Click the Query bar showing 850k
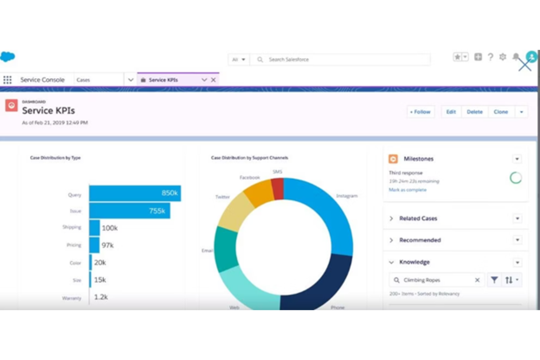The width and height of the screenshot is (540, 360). pos(135,193)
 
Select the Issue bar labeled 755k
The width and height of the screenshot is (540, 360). pos(129,211)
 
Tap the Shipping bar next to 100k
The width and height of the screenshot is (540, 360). pos(94,228)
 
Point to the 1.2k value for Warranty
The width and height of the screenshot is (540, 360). pos(101,297)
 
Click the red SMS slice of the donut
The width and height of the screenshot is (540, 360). pos(278,189)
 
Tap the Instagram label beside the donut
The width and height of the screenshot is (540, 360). pos(347,196)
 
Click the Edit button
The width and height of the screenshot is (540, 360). pos(451,112)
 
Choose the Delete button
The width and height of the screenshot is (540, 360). pos(475,112)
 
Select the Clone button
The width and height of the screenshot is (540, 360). pos(501,112)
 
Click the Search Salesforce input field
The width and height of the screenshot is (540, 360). pos(343,59)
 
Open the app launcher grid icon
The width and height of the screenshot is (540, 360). pos(7,80)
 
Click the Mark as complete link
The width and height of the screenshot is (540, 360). pos(407,190)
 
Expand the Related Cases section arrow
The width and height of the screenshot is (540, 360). pos(391,218)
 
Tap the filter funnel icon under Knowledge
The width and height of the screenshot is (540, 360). pos(494,280)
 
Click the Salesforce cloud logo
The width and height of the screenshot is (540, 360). pos(8,57)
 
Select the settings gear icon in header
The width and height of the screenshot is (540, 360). pos(503,57)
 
